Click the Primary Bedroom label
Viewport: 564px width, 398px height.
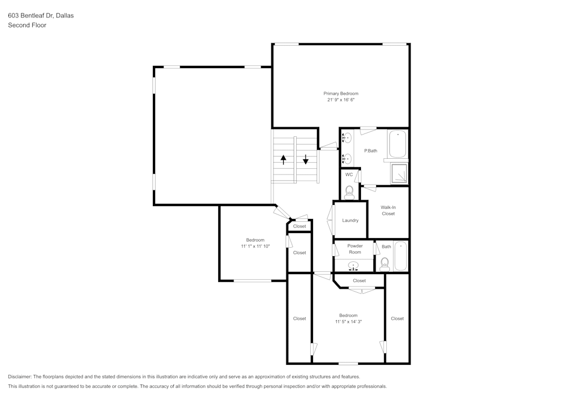(x=341, y=93)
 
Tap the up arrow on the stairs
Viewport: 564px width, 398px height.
(x=284, y=159)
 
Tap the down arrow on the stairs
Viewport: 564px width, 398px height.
(x=305, y=159)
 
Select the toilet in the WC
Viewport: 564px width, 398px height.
(x=349, y=193)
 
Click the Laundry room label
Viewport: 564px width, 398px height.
(x=350, y=220)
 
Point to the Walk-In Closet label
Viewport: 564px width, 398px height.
(x=388, y=211)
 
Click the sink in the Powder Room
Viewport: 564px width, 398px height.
(x=354, y=266)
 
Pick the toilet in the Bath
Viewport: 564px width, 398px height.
(x=385, y=265)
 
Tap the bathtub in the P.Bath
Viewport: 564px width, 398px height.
(x=398, y=144)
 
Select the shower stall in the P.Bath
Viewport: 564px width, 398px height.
(x=399, y=173)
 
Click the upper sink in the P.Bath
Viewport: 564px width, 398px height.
(x=347, y=137)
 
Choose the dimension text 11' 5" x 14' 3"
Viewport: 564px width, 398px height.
(x=348, y=321)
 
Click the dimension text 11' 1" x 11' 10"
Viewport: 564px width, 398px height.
(x=255, y=246)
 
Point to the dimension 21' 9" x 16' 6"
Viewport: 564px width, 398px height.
(x=341, y=100)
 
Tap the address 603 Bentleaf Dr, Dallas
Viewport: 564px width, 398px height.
(x=41, y=15)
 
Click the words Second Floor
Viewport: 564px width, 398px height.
(x=27, y=25)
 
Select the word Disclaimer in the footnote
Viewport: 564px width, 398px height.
(x=19, y=377)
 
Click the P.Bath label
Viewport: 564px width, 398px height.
(x=371, y=151)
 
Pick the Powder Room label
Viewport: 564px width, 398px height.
(x=355, y=249)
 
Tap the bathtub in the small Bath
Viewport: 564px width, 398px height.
(x=400, y=256)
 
